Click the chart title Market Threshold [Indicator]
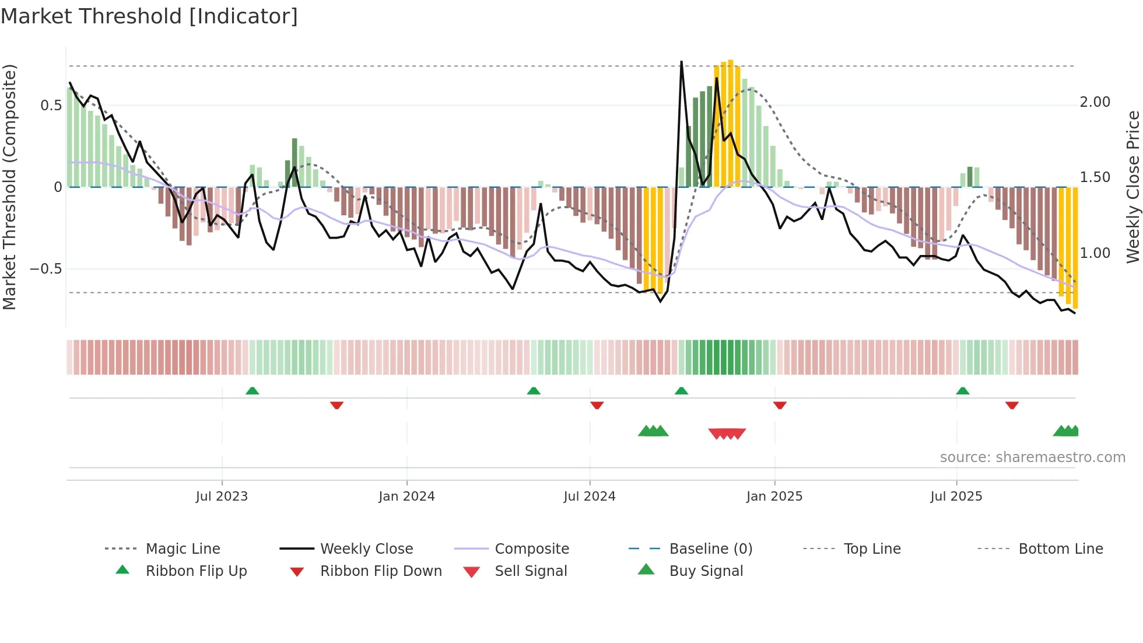click(x=149, y=16)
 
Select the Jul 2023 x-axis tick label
click(x=222, y=497)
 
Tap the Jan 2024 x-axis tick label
click(x=406, y=497)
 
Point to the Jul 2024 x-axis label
click(x=590, y=497)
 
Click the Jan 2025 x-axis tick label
click(x=774, y=497)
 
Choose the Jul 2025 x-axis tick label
click(x=956, y=497)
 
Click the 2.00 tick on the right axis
click(x=1095, y=102)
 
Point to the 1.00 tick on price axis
click(x=1095, y=253)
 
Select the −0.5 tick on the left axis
click(x=45, y=269)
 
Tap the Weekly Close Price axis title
click(x=1133, y=187)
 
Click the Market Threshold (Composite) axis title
click(x=9, y=187)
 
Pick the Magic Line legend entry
click(x=183, y=549)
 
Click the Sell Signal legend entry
click(x=531, y=571)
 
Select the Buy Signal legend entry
click(x=706, y=571)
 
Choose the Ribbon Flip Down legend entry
click(x=381, y=571)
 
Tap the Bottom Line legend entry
click(x=1060, y=549)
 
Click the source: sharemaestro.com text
click(x=1032, y=457)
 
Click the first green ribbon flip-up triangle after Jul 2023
click(x=252, y=391)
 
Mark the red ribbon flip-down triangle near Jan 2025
click(x=780, y=405)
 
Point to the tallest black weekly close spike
click(x=681, y=63)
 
